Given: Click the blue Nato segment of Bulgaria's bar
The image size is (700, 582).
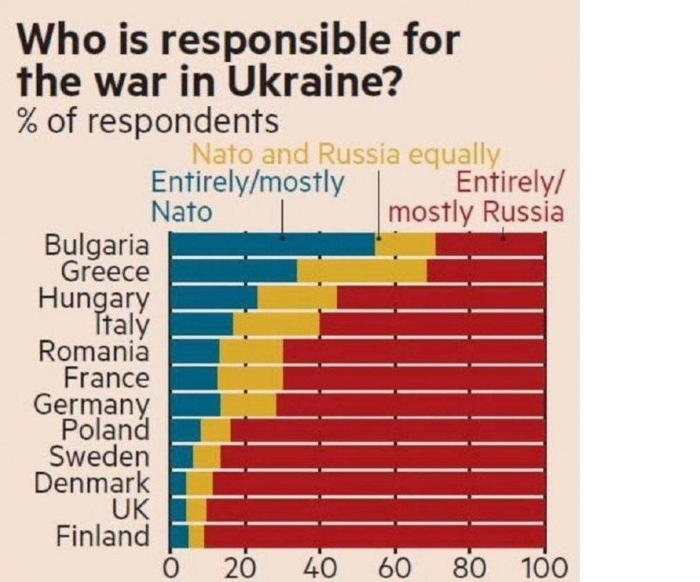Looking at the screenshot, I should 271,245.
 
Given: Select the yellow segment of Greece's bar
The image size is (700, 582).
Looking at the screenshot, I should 361,271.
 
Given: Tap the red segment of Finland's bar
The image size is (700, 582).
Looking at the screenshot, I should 374,536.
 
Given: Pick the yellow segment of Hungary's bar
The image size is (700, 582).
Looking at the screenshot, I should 297,298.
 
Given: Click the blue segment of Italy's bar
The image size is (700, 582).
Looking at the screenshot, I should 201,325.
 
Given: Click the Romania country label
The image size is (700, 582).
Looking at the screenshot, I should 94,352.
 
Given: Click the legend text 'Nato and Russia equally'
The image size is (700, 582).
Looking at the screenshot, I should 345,155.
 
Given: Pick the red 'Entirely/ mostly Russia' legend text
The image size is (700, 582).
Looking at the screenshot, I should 477,198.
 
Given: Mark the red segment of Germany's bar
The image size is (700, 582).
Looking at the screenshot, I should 409,404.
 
